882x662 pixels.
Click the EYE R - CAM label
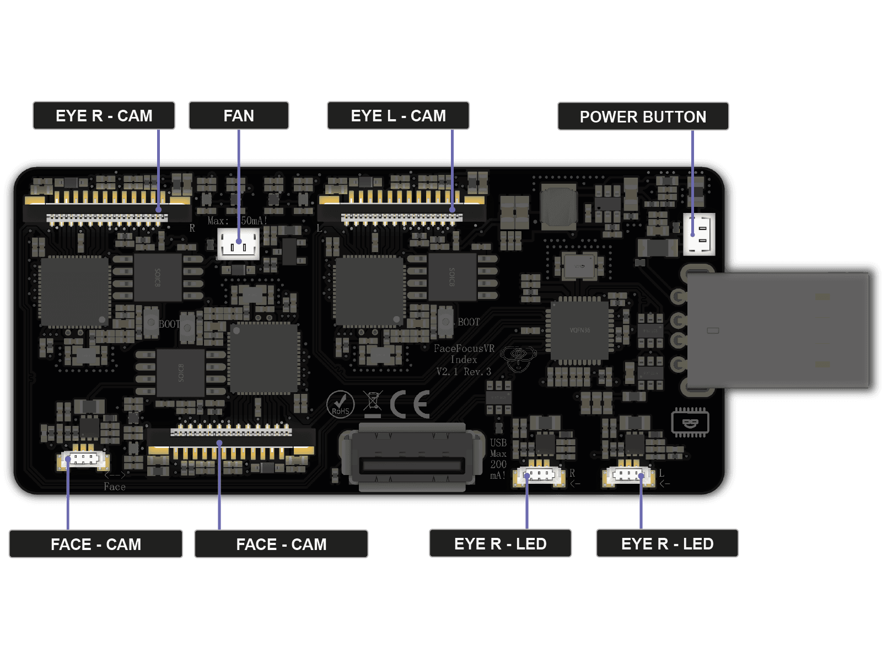coord(104,116)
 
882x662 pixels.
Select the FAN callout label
coord(239,116)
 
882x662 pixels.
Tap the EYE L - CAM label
coord(398,116)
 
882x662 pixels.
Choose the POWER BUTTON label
coord(643,117)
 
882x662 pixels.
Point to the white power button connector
coord(699,234)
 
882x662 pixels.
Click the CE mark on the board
coord(410,405)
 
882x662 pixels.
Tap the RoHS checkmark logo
coord(340,404)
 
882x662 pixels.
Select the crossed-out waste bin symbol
coord(373,401)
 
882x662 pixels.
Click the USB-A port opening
coord(410,465)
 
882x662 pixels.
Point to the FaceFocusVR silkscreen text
coord(464,349)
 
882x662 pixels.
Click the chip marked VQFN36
coord(579,330)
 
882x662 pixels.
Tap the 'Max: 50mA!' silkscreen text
coord(238,221)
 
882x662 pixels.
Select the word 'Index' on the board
coord(464,360)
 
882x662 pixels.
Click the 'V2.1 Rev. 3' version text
coord(464,372)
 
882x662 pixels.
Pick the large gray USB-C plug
coord(777,330)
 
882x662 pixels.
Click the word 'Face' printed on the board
coord(115,487)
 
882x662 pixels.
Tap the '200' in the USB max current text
coord(498,465)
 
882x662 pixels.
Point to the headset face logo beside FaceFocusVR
coord(518,359)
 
